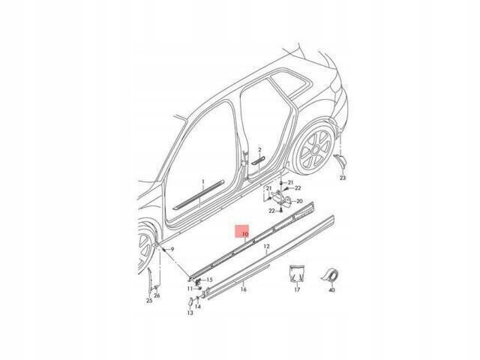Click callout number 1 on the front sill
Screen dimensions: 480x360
pyautogui.click(x=202, y=181)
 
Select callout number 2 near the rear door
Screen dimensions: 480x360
pyautogui.click(x=259, y=150)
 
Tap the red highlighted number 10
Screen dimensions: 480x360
pyautogui.click(x=245, y=234)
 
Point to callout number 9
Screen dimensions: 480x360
pyautogui.click(x=172, y=250)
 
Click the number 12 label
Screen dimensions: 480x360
pyautogui.click(x=267, y=246)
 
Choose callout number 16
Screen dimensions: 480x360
pyautogui.click(x=243, y=289)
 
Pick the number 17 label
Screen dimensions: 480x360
pyautogui.click(x=297, y=289)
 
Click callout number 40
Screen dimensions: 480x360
pyautogui.click(x=331, y=289)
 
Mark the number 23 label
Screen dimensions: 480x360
pyautogui.click(x=343, y=178)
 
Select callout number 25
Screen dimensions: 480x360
pyautogui.click(x=149, y=301)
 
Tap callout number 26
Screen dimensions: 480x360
pyautogui.click(x=157, y=295)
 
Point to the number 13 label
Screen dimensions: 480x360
pyautogui.click(x=190, y=313)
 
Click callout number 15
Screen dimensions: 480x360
pyautogui.click(x=209, y=280)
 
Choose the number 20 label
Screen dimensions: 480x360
pyautogui.click(x=299, y=201)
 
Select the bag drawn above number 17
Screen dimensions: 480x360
pyautogui.click(x=297, y=273)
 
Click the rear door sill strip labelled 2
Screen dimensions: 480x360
pyautogui.click(x=258, y=160)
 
